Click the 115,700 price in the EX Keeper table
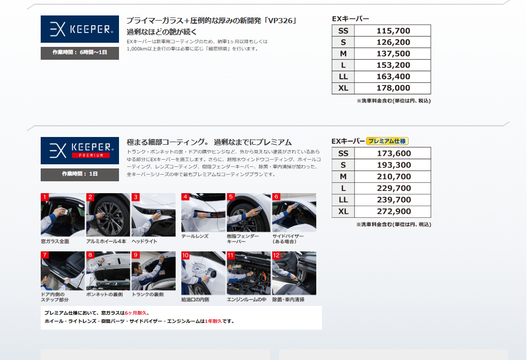(x=393, y=31)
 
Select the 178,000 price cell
(x=393, y=88)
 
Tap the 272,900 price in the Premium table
(x=394, y=211)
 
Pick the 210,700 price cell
(x=394, y=177)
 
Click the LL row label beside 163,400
(x=343, y=76)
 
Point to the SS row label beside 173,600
(x=343, y=153)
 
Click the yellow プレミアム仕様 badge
(x=387, y=141)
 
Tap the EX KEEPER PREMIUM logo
(x=80, y=150)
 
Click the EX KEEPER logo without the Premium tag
(x=80, y=29)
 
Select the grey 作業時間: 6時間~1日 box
(x=80, y=53)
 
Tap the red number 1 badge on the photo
(x=45, y=197)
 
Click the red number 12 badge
(x=276, y=255)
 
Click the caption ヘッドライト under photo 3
(x=144, y=241)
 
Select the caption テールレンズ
(x=195, y=236)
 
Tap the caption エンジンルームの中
(x=247, y=299)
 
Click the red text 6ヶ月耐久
(x=135, y=313)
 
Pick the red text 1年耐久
(x=213, y=321)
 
